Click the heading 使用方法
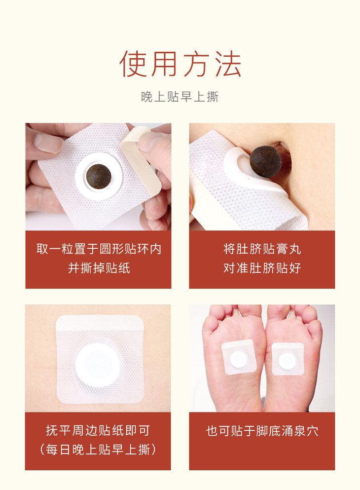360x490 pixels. point(180,64)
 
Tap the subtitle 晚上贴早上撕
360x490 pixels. point(180,97)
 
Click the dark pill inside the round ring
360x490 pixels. point(99,176)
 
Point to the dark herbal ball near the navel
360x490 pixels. point(266,161)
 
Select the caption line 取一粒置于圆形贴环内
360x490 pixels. point(99,249)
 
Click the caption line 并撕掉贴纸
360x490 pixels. point(99,268)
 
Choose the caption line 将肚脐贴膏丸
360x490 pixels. point(262,249)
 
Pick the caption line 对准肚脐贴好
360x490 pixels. point(262,268)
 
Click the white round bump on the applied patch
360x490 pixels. point(98,365)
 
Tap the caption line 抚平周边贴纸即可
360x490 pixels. point(98,430)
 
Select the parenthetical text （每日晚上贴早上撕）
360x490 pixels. point(98,450)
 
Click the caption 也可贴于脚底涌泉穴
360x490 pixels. point(262,431)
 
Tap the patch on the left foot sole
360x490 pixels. point(239,357)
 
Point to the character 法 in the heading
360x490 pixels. point(228,64)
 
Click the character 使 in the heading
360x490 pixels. point(133,64)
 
